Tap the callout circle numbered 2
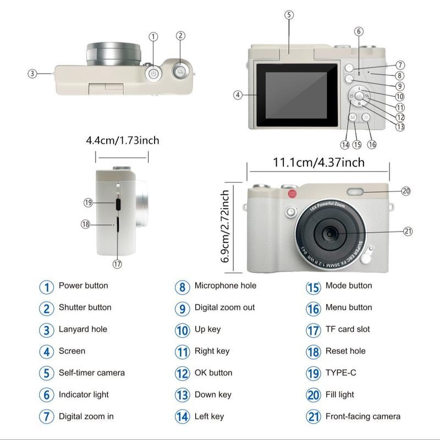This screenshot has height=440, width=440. (x=180, y=36)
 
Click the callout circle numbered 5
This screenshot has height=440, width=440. (x=289, y=15)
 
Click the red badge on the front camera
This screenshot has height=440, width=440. (x=291, y=194)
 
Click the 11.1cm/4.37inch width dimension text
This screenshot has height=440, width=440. (x=318, y=163)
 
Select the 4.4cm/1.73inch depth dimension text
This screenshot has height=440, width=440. (x=122, y=140)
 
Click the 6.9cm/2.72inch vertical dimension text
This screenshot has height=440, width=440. (x=226, y=227)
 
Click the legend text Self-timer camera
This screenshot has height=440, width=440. (x=92, y=373)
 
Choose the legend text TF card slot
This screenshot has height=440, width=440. (x=348, y=329)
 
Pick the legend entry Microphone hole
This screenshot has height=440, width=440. (x=225, y=286)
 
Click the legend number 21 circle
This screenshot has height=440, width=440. (x=313, y=416)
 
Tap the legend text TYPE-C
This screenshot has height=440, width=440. (x=340, y=373)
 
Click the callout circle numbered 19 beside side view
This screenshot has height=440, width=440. (x=88, y=202)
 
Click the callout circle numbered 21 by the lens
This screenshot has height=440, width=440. (x=408, y=232)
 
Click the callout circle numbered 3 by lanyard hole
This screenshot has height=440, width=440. (x=32, y=73)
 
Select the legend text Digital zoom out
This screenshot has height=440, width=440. (x=224, y=307)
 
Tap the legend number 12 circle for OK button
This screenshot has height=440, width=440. (x=183, y=373)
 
